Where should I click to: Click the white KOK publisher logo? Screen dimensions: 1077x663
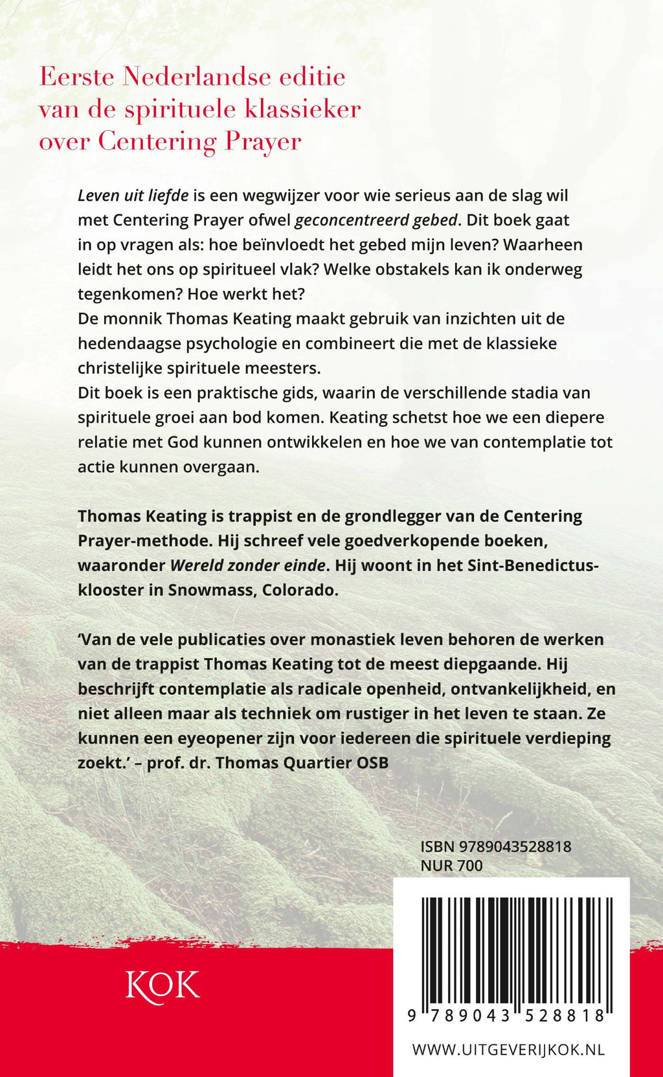pyautogui.click(x=163, y=986)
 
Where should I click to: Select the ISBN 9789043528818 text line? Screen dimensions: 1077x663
pyautogui.click(x=495, y=846)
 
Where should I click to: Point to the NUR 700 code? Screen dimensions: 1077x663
pyautogui.click(x=451, y=865)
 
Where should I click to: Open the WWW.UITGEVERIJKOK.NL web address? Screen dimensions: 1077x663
pyautogui.click(x=508, y=1050)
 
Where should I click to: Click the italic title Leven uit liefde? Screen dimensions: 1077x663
pyautogui.click(x=133, y=195)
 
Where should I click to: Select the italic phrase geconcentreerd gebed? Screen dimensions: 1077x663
pyautogui.click(x=376, y=220)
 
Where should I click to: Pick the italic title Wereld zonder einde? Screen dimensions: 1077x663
pyautogui.click(x=247, y=565)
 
